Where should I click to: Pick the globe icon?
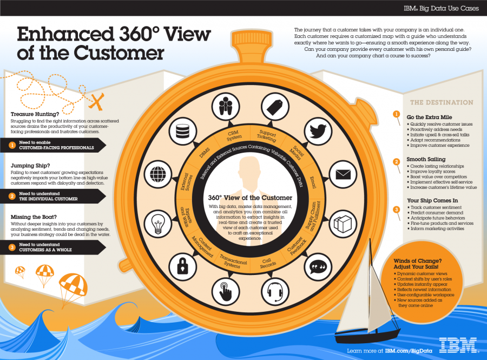tap(157, 174)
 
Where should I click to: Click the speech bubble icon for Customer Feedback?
tap(317, 265)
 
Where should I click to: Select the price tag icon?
tap(272, 104)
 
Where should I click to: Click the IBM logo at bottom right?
tap(458, 344)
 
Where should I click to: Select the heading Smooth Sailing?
tap(426, 160)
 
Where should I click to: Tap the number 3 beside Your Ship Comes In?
tap(396, 210)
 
